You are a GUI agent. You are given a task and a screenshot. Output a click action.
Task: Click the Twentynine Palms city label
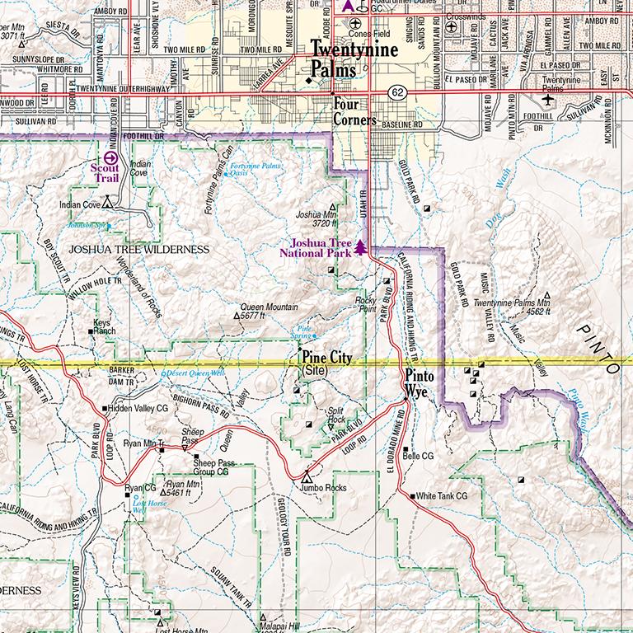(354, 60)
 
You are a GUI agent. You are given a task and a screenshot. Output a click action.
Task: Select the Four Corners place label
(354, 112)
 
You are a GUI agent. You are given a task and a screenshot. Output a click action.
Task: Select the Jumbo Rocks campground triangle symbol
(307, 476)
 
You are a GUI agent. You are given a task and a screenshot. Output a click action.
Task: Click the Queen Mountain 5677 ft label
(269, 311)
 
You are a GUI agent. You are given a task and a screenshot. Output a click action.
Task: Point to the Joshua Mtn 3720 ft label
(315, 218)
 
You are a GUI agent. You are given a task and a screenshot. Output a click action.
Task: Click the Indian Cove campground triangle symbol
(106, 199)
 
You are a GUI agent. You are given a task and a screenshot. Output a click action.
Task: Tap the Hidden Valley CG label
(138, 408)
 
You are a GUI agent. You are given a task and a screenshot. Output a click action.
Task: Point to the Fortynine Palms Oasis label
(256, 170)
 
